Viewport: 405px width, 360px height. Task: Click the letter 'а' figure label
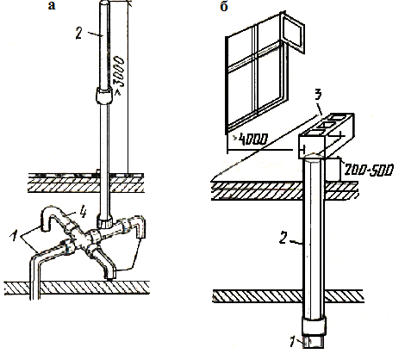[52, 6]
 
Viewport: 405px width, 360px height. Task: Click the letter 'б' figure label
[224, 6]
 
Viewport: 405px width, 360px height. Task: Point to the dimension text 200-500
[369, 171]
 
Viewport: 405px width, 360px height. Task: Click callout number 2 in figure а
[79, 34]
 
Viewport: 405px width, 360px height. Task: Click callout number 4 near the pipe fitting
[84, 213]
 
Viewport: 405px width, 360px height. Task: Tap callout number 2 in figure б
[283, 238]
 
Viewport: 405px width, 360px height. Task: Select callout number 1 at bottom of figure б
[292, 342]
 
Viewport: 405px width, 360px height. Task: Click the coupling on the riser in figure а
[103, 96]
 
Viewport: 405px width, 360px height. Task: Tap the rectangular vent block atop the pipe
[326, 135]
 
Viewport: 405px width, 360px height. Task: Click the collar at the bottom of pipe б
[315, 326]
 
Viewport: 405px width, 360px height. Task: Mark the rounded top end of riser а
[104, 3]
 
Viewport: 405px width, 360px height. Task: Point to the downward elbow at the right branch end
[140, 227]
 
